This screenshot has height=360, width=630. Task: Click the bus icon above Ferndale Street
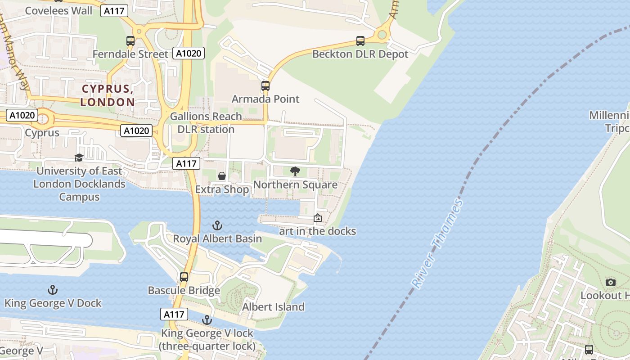tap(130, 41)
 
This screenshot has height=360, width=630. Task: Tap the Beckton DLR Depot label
tap(360, 54)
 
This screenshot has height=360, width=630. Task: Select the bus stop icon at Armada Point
tap(265, 85)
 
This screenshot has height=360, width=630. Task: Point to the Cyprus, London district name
tap(108, 95)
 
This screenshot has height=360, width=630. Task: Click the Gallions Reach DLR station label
tap(206, 123)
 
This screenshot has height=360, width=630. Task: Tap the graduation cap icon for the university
tap(79, 157)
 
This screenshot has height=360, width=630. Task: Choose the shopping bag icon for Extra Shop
tap(222, 176)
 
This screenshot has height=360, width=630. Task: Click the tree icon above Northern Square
tap(295, 171)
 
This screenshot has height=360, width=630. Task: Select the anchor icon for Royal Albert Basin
tap(218, 225)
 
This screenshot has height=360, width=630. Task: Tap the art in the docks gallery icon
tap(318, 218)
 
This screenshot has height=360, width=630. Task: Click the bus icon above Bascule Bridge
tap(184, 277)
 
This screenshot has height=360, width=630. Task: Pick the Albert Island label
tap(273, 307)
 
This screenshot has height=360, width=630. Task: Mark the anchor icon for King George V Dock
tap(53, 290)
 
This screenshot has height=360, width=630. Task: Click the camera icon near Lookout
tap(611, 282)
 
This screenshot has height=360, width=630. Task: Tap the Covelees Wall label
tap(58, 11)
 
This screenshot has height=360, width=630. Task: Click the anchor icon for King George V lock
tap(207, 320)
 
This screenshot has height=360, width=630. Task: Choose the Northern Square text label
tap(295, 185)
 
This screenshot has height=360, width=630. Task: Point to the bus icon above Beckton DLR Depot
tap(360, 41)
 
